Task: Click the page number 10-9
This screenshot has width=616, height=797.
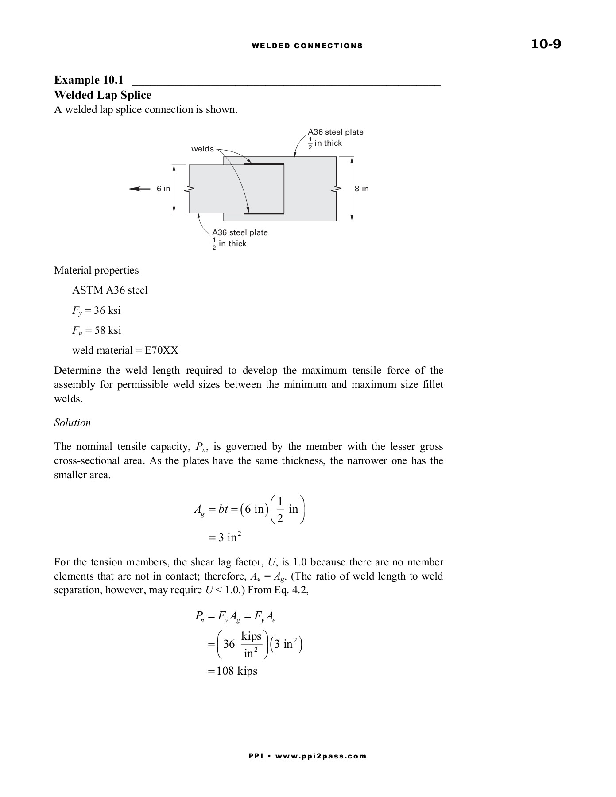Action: (546, 44)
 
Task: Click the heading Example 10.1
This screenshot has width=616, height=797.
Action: (89, 80)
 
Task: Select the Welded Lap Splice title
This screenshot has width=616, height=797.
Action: (103, 95)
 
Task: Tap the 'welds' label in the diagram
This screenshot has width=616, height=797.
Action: (202, 149)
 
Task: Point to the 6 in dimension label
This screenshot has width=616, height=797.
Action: (163, 189)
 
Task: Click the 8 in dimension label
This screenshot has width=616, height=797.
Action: (362, 189)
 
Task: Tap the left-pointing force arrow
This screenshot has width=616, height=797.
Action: (139, 189)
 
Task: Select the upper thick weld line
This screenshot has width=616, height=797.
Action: (264, 164)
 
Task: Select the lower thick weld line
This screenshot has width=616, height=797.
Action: (264, 213)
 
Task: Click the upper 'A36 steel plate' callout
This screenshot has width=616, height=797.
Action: (336, 132)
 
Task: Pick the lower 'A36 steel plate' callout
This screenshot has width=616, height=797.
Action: (240, 232)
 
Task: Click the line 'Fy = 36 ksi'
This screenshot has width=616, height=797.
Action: (97, 310)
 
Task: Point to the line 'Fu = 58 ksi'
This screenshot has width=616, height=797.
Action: (97, 330)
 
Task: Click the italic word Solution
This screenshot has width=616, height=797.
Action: (72, 422)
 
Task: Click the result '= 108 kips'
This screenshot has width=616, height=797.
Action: (232, 671)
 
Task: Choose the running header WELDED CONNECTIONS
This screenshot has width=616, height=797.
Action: (307, 46)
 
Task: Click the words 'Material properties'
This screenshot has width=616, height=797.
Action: (96, 270)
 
